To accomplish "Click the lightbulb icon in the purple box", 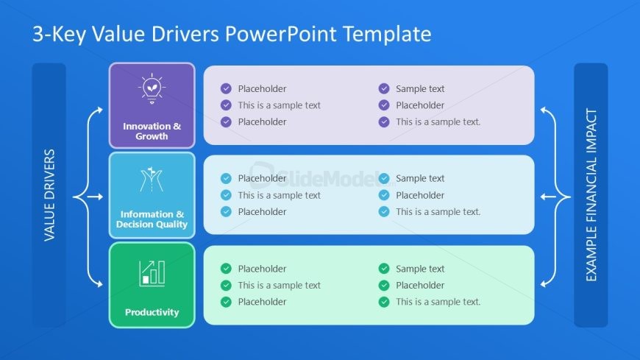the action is pyautogui.click(x=152, y=88).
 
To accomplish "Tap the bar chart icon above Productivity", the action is pyautogui.click(x=152, y=273).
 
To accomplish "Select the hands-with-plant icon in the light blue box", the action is pyautogui.click(x=152, y=180).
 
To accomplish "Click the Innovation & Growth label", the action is pyautogui.click(x=152, y=131).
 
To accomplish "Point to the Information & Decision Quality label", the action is pyautogui.click(x=152, y=219).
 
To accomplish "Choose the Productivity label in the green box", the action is pyautogui.click(x=152, y=312).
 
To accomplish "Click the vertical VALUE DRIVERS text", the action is pyautogui.click(x=49, y=195).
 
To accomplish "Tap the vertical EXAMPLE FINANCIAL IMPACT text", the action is pyautogui.click(x=591, y=195).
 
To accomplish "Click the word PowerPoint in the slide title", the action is pyautogui.click(x=281, y=34).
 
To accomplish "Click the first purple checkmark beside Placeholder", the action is pyautogui.click(x=226, y=88).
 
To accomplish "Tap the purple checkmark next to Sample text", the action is pyautogui.click(x=384, y=88).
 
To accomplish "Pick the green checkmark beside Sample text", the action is pyautogui.click(x=384, y=269).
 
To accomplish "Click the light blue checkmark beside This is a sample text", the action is pyautogui.click(x=226, y=195).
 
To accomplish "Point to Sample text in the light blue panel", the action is pyautogui.click(x=420, y=179).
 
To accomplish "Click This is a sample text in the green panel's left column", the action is pyautogui.click(x=280, y=285).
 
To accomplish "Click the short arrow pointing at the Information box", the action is pyautogui.click(x=95, y=197).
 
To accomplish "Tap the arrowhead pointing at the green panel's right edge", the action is pyautogui.click(x=544, y=283).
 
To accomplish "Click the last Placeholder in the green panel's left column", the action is pyautogui.click(x=262, y=302).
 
